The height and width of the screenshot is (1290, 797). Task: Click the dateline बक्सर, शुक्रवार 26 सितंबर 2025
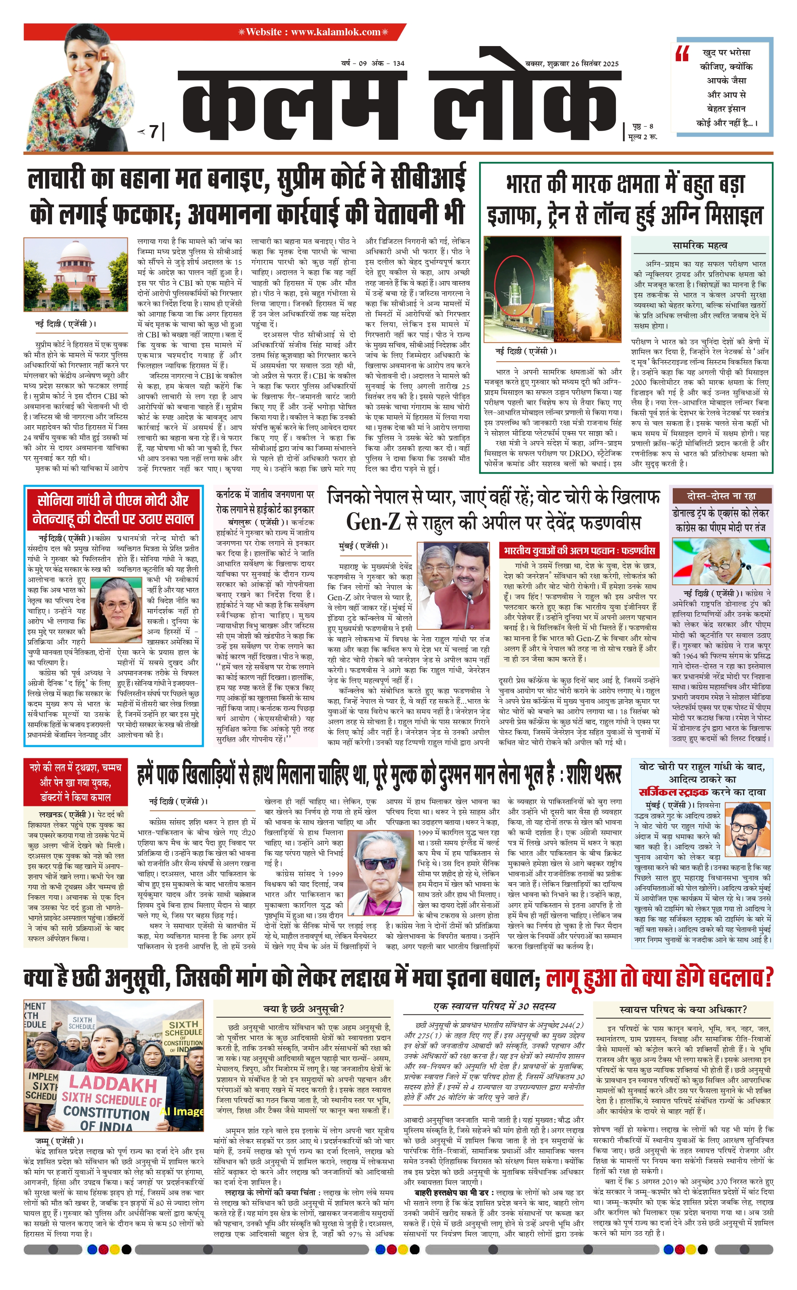click(572, 64)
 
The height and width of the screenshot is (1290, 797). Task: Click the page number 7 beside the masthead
click(153, 131)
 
